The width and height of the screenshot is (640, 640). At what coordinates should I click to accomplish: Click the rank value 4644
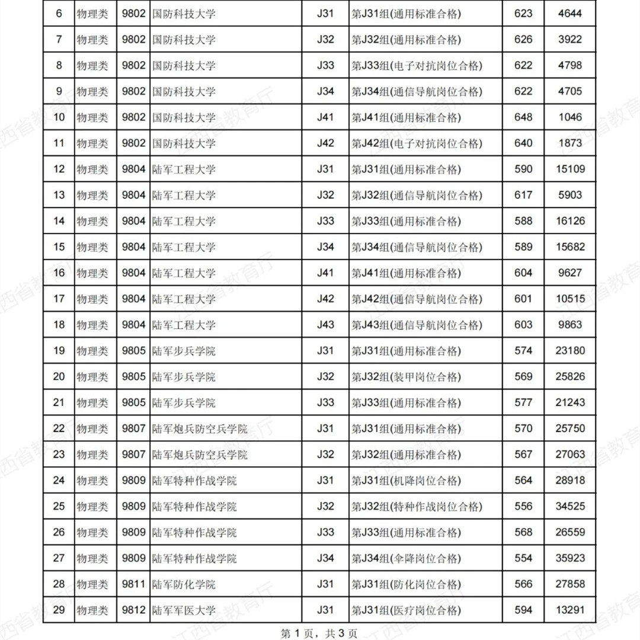point(570,13)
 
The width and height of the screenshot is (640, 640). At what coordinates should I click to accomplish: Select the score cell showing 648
point(523,117)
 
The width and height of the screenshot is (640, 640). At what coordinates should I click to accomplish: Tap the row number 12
point(59,169)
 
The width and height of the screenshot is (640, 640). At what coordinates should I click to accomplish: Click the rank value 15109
point(570,169)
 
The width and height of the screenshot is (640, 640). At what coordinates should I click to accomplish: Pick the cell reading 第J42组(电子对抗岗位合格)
point(417,143)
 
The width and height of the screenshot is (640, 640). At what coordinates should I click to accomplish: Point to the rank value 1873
point(570,143)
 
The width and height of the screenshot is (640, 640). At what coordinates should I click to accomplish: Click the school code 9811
point(133,584)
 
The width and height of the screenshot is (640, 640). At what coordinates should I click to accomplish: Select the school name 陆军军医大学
point(184,610)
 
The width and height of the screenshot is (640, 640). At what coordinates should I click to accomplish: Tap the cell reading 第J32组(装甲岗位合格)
point(405,377)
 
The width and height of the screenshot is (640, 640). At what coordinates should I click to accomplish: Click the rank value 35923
point(570,558)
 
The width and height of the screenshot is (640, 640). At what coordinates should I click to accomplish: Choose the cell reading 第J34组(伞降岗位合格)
point(405,558)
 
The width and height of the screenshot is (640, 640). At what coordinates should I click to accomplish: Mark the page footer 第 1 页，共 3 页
point(319,633)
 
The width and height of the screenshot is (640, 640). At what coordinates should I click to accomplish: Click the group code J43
point(325,325)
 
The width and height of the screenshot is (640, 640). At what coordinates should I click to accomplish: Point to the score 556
point(523,507)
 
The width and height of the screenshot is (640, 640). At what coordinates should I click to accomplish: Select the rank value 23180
point(570,351)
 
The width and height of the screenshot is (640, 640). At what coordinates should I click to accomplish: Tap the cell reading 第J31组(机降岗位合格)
point(405,481)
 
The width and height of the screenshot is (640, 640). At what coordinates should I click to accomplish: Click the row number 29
point(59,610)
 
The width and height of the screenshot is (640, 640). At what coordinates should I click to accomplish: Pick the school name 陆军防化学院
point(184,584)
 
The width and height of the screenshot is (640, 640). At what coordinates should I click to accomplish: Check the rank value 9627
point(570,273)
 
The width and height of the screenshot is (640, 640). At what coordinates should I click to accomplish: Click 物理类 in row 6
point(92,14)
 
